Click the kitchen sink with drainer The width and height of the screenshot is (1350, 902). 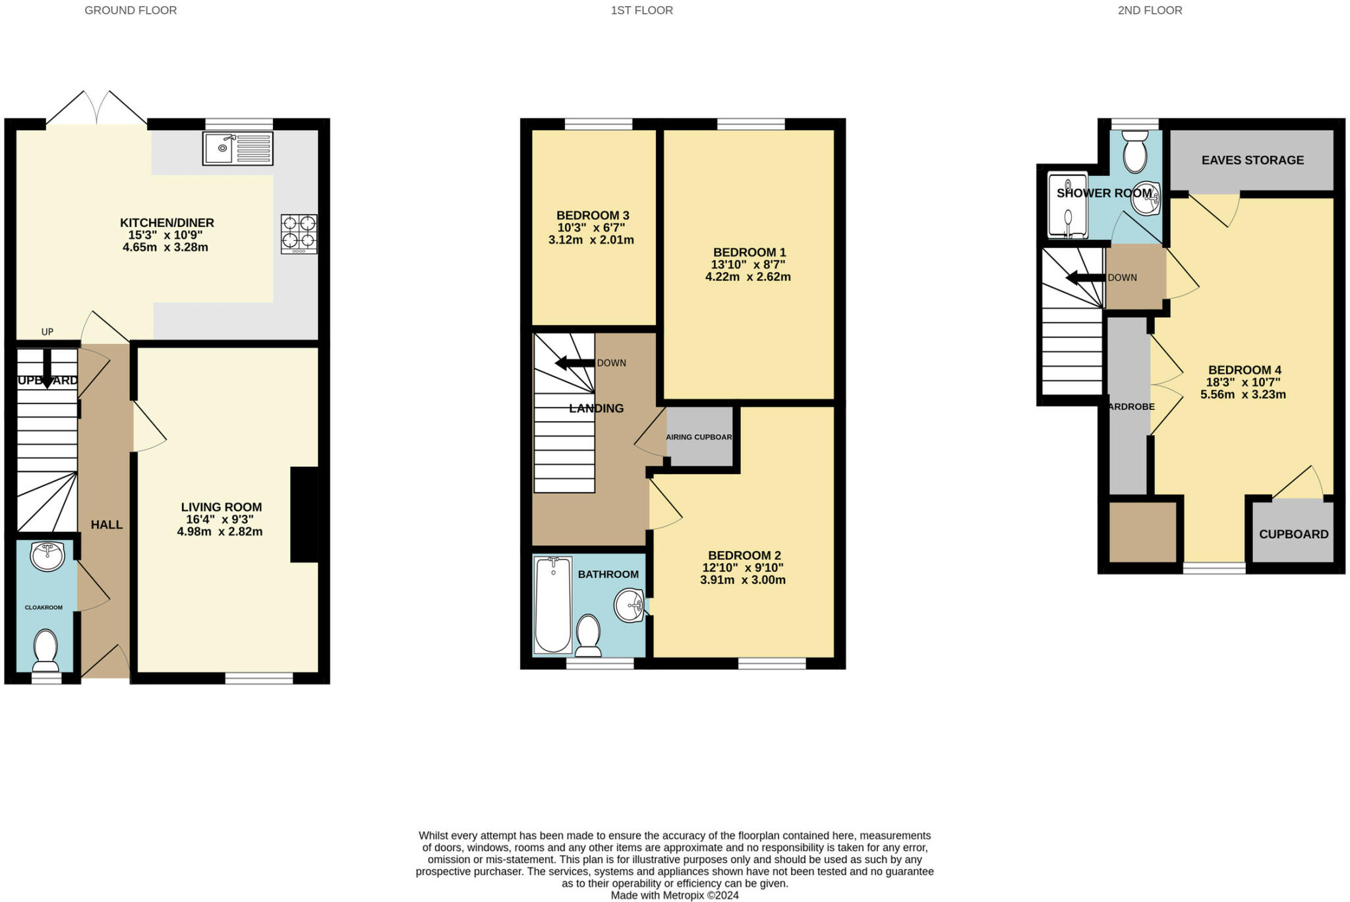(x=237, y=148)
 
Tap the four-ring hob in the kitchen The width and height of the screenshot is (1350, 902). (x=299, y=233)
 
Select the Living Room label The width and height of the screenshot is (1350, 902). (x=221, y=507)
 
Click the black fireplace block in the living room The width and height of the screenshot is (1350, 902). (x=304, y=514)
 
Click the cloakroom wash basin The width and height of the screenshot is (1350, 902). (x=47, y=556)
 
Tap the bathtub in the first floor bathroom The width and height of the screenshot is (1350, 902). (x=552, y=604)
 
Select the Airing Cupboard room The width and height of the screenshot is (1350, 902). (x=699, y=437)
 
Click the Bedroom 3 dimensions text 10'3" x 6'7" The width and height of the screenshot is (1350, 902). (x=591, y=227)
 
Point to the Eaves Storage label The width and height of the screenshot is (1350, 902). (x=1252, y=160)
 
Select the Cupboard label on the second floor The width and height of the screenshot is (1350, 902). (x=1293, y=534)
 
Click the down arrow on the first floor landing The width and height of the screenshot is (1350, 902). (x=574, y=363)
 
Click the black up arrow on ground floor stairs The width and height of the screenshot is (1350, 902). (x=47, y=369)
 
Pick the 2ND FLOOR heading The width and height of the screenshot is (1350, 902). (x=1150, y=11)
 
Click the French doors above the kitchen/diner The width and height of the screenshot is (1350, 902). (x=97, y=109)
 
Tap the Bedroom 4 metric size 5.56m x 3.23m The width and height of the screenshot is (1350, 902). (x=1243, y=395)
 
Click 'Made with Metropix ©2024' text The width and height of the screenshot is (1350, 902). (x=674, y=895)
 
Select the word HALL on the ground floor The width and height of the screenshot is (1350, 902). (x=107, y=525)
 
